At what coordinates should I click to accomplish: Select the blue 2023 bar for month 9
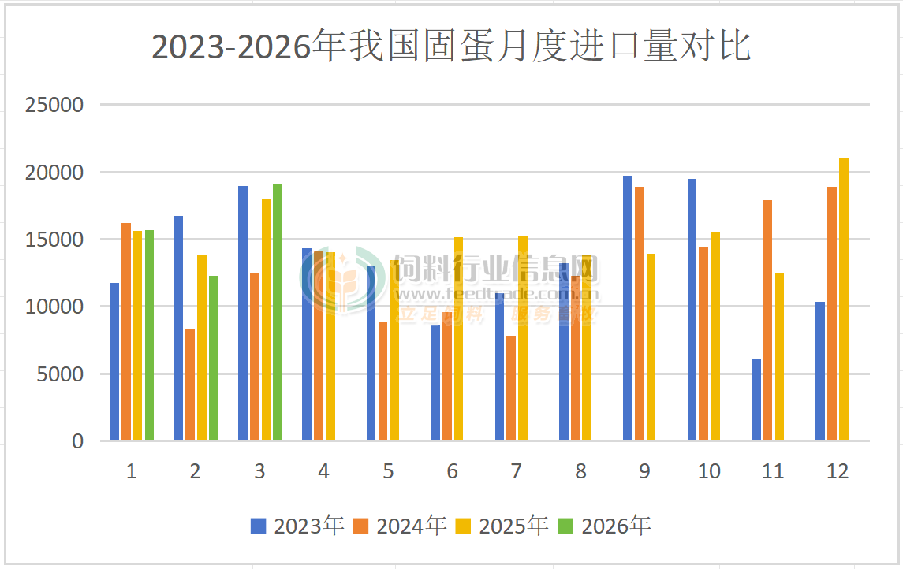point(628,307)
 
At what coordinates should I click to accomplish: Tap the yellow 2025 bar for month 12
point(844,299)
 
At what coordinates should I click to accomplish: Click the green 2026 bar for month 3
point(278,312)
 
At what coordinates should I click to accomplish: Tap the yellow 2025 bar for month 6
point(459,339)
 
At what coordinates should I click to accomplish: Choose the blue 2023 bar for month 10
point(692,309)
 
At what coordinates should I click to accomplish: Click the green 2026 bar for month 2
point(214,358)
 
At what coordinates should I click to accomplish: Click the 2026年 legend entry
point(605,526)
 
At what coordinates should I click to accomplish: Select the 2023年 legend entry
point(297,526)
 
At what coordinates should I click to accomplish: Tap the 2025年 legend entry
point(502,526)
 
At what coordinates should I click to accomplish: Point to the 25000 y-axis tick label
point(54,105)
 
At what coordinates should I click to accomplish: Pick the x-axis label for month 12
point(838,471)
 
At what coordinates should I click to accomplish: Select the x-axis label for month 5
point(388,471)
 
